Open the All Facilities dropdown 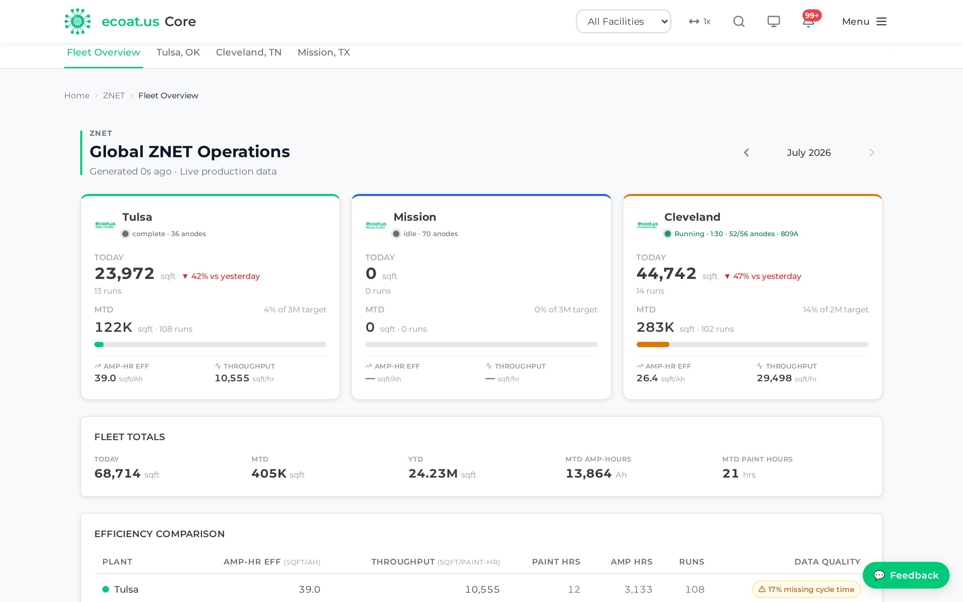(623, 21)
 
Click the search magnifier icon (739, 21)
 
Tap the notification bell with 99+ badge (808, 21)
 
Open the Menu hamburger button (864, 21)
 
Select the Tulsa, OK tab (178, 53)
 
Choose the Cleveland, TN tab (249, 53)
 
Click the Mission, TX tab (324, 53)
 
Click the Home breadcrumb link (77, 96)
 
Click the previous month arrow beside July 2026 (746, 153)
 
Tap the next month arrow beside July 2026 (871, 153)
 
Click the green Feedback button (906, 575)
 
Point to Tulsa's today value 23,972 (124, 274)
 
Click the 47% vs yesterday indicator (763, 276)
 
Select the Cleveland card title (692, 217)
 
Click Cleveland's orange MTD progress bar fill (653, 344)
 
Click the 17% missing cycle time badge (806, 589)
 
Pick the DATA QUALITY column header (827, 562)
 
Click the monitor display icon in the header (773, 21)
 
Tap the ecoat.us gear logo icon (77, 21)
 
